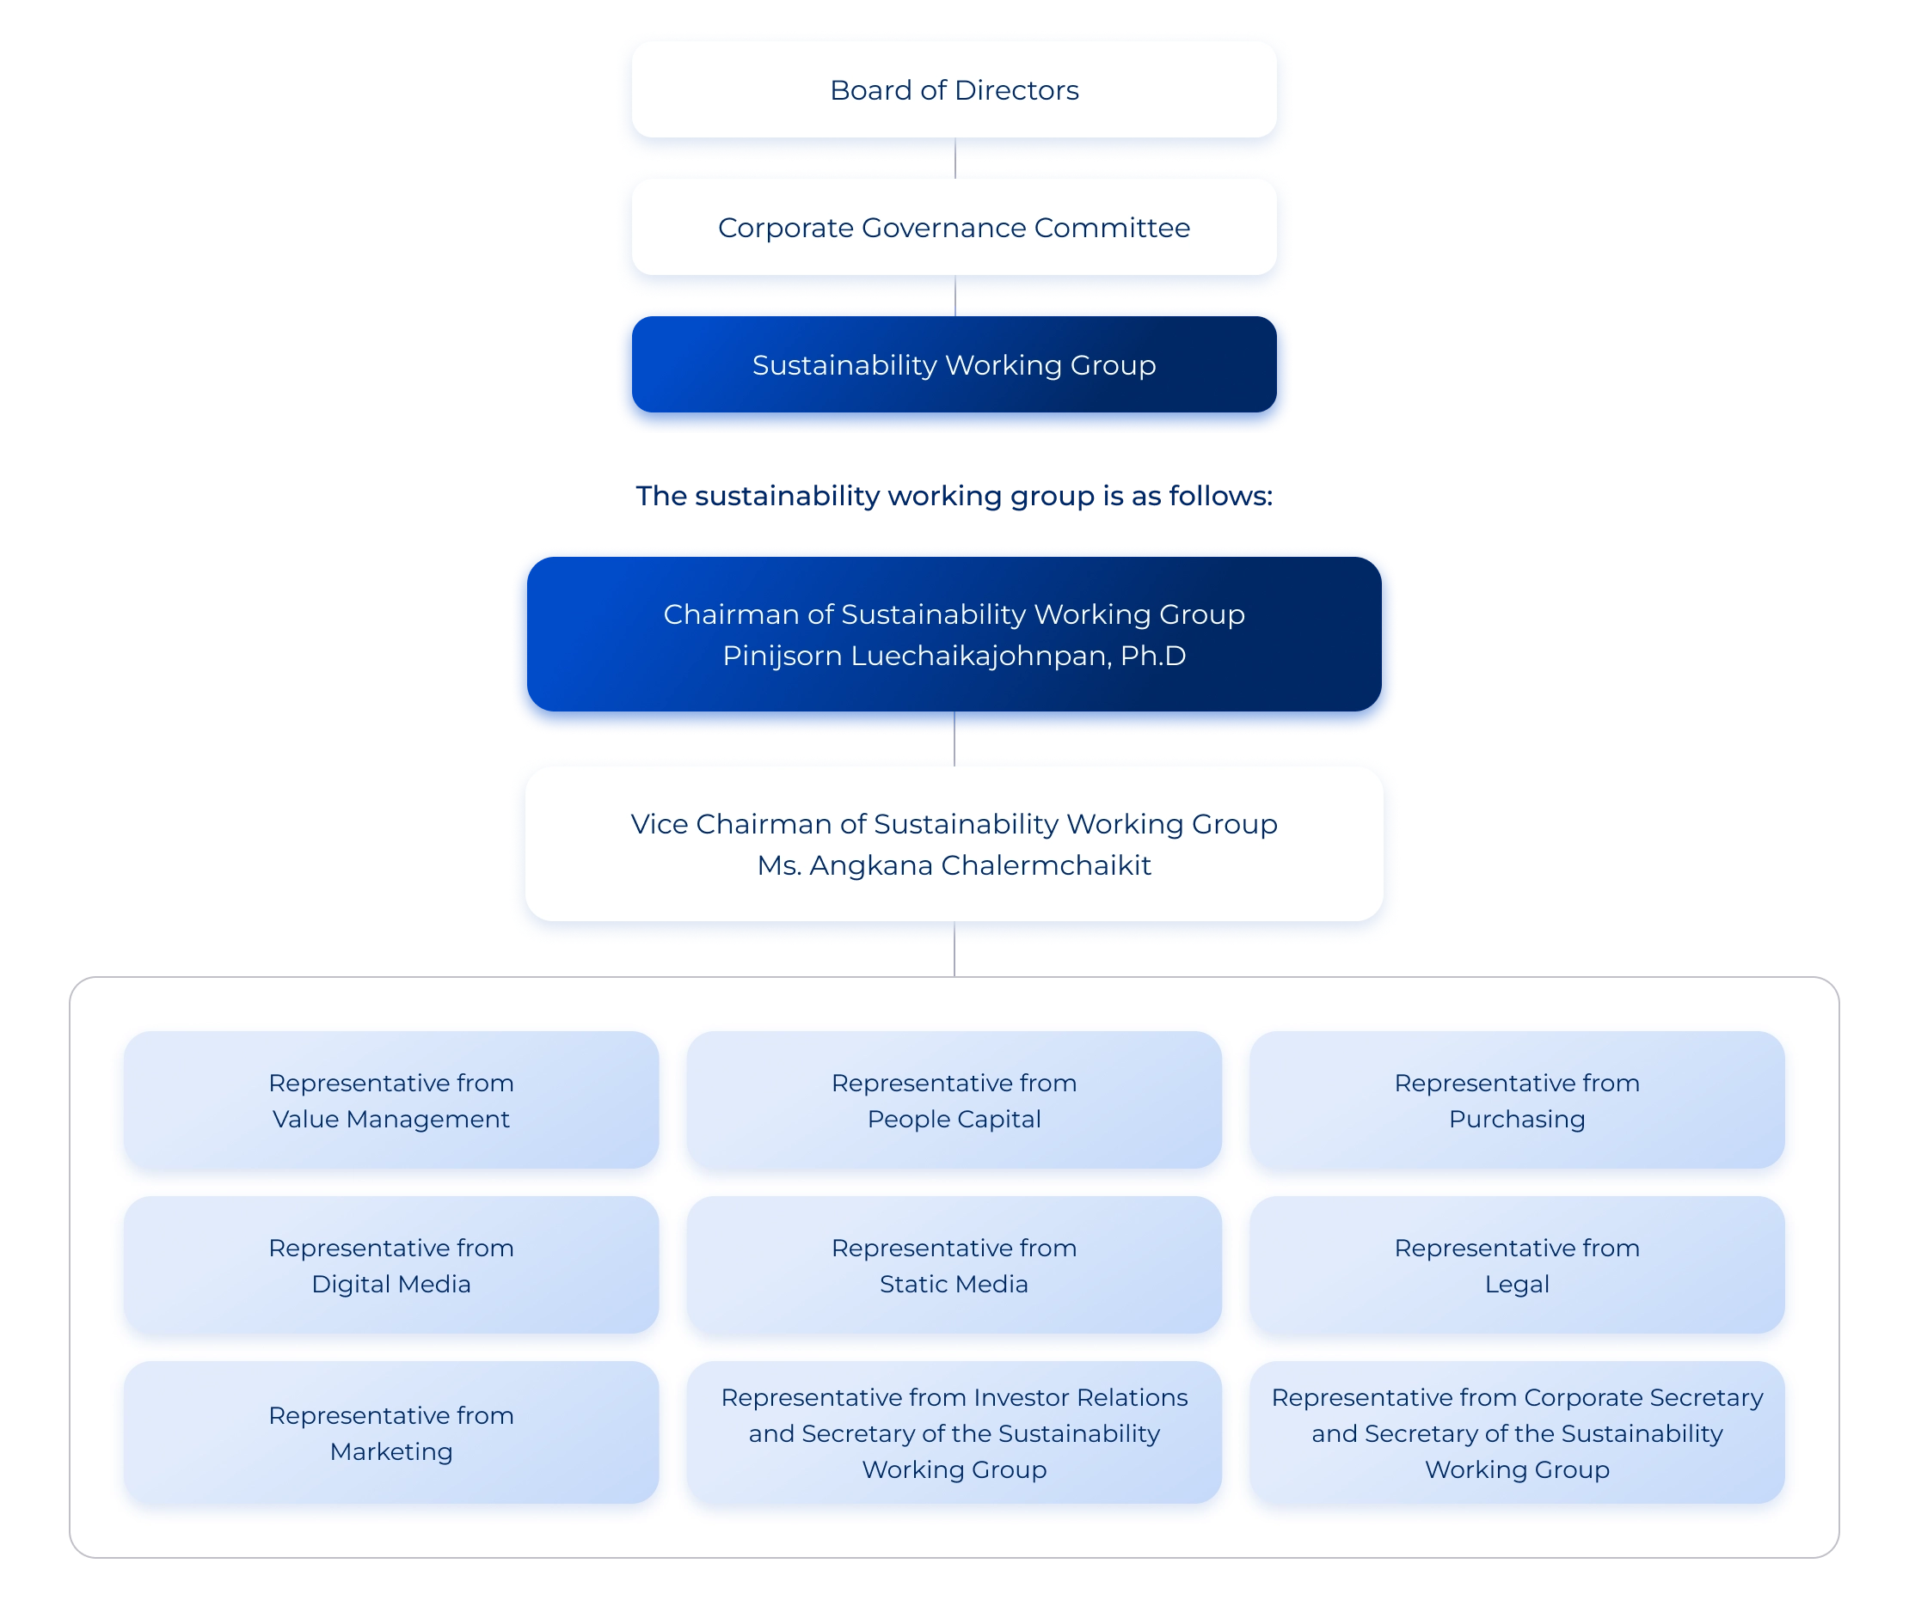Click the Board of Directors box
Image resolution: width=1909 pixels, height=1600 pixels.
[954, 91]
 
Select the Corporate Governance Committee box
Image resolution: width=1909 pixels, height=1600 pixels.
[954, 228]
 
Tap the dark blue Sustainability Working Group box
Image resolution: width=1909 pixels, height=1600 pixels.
[954, 365]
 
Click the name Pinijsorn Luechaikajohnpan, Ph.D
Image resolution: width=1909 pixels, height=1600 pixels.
[954, 656]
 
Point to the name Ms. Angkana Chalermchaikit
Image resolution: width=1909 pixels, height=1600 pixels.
[954, 866]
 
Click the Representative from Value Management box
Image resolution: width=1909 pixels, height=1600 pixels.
[391, 1100]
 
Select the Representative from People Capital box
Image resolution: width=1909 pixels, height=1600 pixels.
[954, 1100]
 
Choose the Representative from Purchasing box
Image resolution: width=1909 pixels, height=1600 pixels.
[1516, 1100]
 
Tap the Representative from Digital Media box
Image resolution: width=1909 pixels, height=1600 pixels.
[391, 1266]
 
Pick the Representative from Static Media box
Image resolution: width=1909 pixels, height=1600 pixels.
[954, 1266]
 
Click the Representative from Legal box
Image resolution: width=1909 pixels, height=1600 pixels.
[1516, 1266]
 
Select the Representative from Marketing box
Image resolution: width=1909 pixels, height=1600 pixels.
[391, 1432]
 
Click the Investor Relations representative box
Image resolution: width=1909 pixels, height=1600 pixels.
[954, 1432]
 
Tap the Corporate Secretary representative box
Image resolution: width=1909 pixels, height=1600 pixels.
[1516, 1432]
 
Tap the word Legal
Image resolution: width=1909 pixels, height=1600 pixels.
[1516, 1285]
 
